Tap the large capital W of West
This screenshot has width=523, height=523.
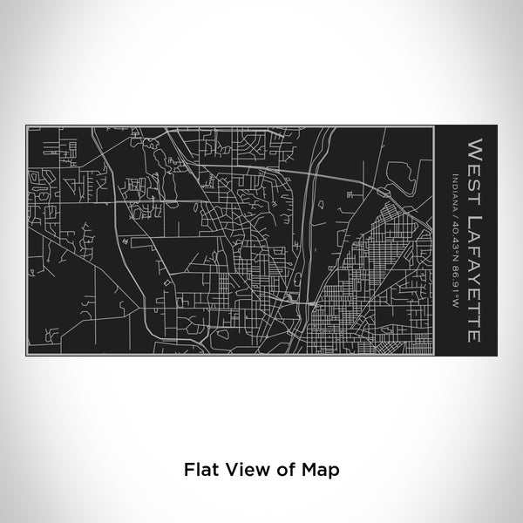click(x=475, y=146)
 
